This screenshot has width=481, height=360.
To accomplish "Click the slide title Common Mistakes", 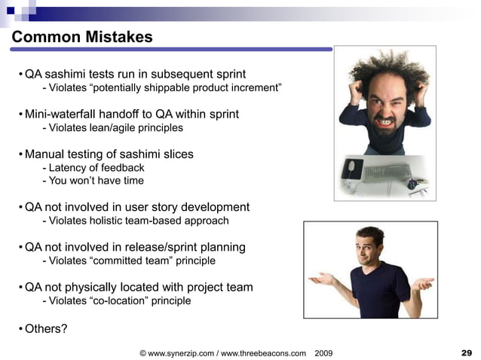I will point(83,37).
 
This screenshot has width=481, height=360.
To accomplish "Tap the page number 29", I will point(466,352).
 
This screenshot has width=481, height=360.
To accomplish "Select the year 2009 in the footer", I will point(323,352).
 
